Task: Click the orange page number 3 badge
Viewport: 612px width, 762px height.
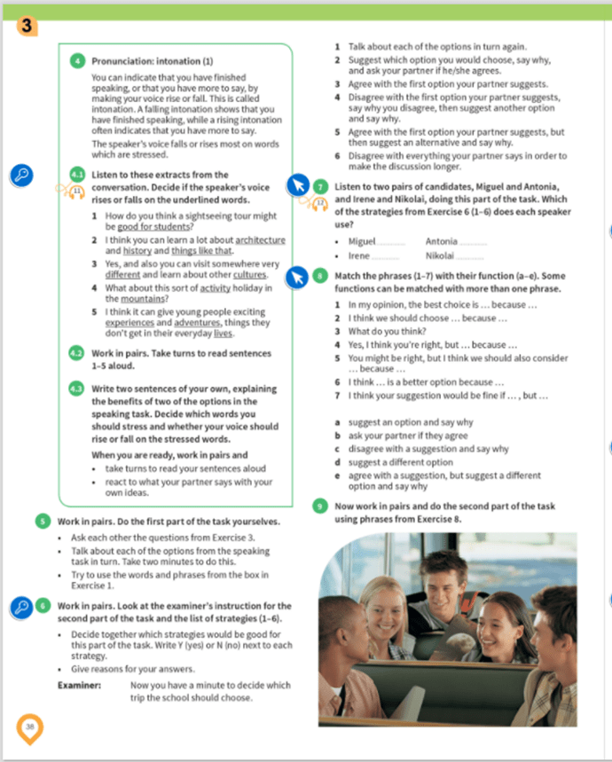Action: click(x=27, y=26)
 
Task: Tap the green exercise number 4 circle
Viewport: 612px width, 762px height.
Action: click(x=76, y=61)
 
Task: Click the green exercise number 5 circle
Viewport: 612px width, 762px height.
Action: click(x=42, y=521)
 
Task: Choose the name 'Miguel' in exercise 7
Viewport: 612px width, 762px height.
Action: click(x=362, y=241)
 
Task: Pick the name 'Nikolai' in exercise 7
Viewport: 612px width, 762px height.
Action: click(x=443, y=255)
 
